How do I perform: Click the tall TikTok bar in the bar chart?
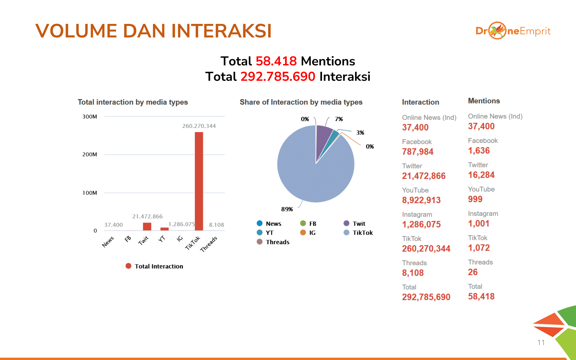(199, 181)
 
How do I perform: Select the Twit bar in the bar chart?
(147, 227)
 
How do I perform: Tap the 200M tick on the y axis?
(90, 154)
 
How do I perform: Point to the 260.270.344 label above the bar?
(199, 126)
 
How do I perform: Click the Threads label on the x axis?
(209, 244)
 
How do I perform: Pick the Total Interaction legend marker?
(128, 266)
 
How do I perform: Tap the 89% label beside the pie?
(287, 209)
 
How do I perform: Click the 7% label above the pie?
(339, 119)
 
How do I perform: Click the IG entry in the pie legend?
(308, 233)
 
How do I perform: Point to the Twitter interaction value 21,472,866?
(424, 176)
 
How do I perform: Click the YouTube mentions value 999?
(475, 199)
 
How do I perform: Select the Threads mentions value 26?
(473, 272)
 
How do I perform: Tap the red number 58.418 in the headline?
(276, 61)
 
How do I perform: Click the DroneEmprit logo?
(513, 31)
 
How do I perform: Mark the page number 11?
(541, 342)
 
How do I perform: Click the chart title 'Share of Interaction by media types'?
(301, 102)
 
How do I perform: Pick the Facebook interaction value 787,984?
(418, 151)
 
